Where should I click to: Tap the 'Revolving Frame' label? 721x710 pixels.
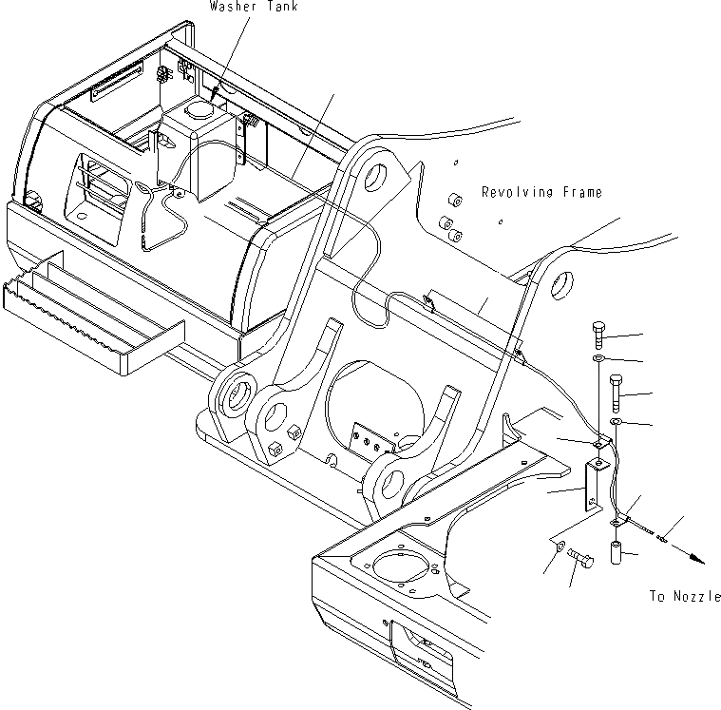pyautogui.click(x=541, y=192)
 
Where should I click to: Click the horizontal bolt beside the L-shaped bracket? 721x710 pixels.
pyautogui.click(x=581, y=560)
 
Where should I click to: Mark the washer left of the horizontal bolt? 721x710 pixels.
pyautogui.click(x=556, y=550)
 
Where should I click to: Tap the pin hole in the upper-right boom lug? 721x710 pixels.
pyautogui.click(x=560, y=282)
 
